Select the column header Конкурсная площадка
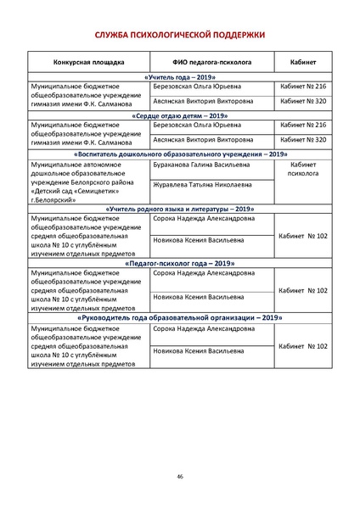(x=88, y=62)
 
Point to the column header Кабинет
(x=303, y=62)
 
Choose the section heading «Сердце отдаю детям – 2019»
(x=179, y=115)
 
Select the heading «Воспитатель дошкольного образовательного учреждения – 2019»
(x=179, y=154)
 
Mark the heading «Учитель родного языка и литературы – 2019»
(x=179, y=208)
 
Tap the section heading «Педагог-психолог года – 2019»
(x=179, y=263)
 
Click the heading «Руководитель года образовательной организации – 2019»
(x=179, y=317)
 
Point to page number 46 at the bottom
(x=180, y=477)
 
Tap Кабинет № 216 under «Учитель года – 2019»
(x=303, y=87)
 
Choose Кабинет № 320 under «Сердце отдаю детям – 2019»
(x=303, y=139)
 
